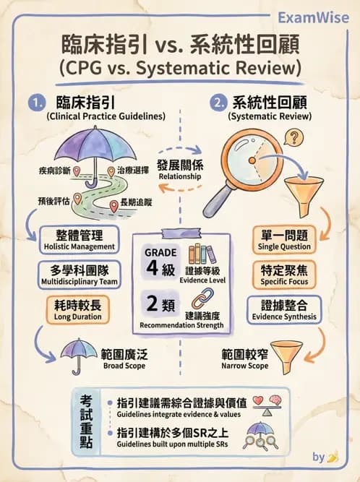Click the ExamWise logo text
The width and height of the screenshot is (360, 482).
(313, 17)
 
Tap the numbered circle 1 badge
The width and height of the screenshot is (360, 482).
(37, 103)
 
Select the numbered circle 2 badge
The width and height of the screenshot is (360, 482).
(218, 103)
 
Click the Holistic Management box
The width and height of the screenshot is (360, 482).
(80, 240)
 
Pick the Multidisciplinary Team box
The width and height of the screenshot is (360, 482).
(80, 275)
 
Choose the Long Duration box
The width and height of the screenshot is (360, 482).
(78, 310)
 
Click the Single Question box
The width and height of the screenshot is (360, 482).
(284, 240)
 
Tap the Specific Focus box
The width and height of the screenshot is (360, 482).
(284, 275)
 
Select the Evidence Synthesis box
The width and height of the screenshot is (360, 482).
(284, 310)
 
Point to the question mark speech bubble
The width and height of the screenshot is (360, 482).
(294, 137)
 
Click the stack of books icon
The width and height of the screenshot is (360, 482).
(200, 254)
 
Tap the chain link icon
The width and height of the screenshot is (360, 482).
(203, 298)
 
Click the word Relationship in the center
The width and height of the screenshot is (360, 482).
(180, 176)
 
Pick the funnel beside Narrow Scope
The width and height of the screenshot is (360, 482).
(286, 357)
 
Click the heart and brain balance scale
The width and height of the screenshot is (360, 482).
(267, 405)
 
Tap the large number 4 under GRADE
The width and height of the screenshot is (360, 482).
(152, 268)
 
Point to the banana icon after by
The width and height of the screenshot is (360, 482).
(333, 457)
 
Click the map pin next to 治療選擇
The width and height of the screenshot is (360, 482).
(111, 171)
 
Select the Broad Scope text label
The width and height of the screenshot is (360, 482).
(124, 366)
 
